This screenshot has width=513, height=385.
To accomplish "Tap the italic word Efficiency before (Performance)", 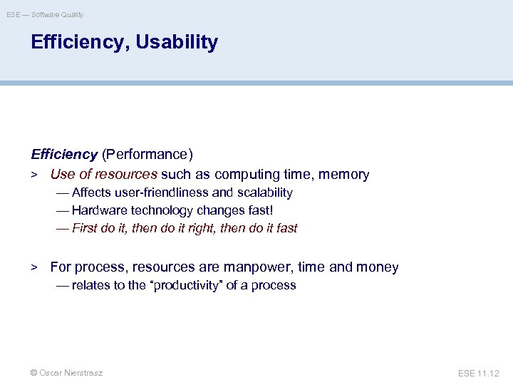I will [64, 154].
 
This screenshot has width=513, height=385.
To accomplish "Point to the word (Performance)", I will [147, 154].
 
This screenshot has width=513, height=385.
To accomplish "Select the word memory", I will [344, 175].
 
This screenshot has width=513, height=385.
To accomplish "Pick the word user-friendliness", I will [162, 192].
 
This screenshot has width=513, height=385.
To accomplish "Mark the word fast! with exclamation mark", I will [259, 210].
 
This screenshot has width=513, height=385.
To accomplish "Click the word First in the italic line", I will [84, 228].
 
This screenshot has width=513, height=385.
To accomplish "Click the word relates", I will [91, 285].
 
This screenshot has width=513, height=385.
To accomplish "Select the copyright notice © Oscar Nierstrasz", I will [66, 373].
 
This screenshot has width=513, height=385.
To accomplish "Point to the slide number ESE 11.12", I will [480, 373].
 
